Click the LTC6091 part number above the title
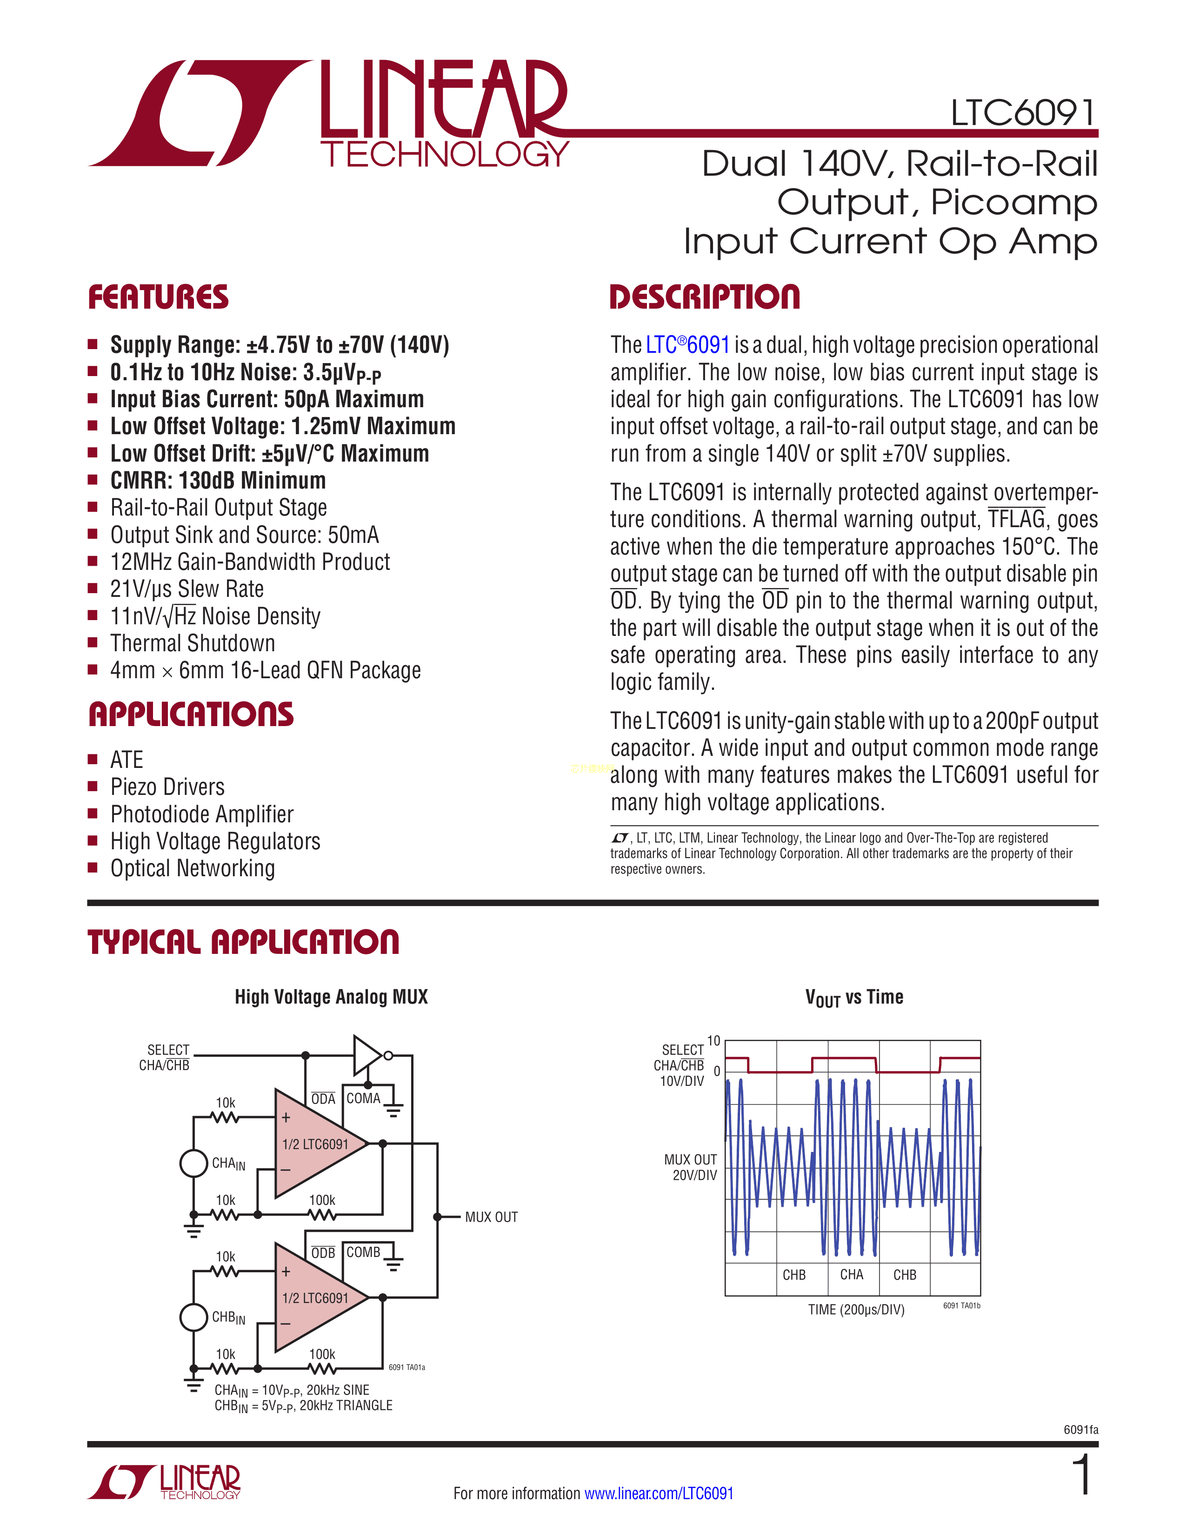pyautogui.click(x=1023, y=112)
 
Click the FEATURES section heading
pyautogui.click(x=158, y=297)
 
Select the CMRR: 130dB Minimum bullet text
pyautogui.click(x=218, y=481)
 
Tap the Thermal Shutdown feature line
pyautogui.click(x=193, y=643)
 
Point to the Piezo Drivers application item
pyautogui.click(x=167, y=787)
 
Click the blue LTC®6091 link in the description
pyautogui.click(x=688, y=345)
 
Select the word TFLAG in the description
pyautogui.click(x=1017, y=519)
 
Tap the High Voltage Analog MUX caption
pyautogui.click(x=331, y=997)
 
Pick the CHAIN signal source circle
pyautogui.click(x=194, y=1163)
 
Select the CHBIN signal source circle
pyautogui.click(x=194, y=1317)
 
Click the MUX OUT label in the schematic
pyautogui.click(x=491, y=1217)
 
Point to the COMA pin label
pyautogui.click(x=363, y=1098)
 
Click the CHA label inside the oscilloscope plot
pyautogui.click(x=852, y=1274)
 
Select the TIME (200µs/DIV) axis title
pyautogui.click(x=856, y=1309)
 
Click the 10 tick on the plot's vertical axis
pyautogui.click(x=714, y=1041)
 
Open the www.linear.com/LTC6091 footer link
pyautogui.click(x=659, y=1493)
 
